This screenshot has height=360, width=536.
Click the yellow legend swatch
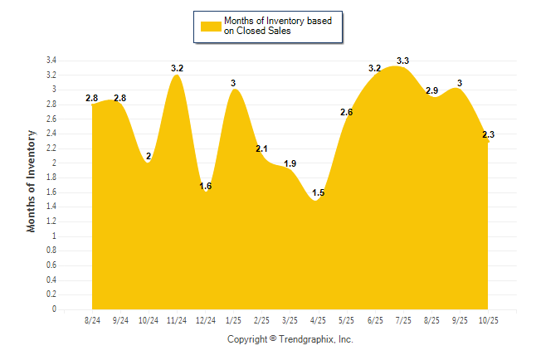(210, 26)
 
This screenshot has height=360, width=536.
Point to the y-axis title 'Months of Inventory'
(32, 180)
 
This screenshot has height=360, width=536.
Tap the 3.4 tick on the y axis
(51, 61)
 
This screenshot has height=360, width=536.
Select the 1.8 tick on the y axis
(51, 178)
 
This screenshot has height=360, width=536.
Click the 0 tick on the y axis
(54, 309)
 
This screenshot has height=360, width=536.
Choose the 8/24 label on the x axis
(92, 320)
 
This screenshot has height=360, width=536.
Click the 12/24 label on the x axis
(205, 320)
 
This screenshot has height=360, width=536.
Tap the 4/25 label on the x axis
(318, 320)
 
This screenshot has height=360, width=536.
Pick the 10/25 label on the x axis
(488, 320)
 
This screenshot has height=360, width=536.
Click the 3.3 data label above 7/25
(403, 61)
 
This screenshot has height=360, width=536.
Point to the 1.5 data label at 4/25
(319, 193)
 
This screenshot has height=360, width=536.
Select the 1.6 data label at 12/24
(206, 186)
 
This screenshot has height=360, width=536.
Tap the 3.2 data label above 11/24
(177, 68)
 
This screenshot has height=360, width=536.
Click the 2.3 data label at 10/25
(489, 134)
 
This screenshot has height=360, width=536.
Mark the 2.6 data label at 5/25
(347, 112)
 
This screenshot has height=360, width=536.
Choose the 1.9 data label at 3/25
(290, 163)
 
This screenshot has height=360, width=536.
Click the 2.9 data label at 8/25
(431, 90)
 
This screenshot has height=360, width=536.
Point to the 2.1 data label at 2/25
(261, 148)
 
